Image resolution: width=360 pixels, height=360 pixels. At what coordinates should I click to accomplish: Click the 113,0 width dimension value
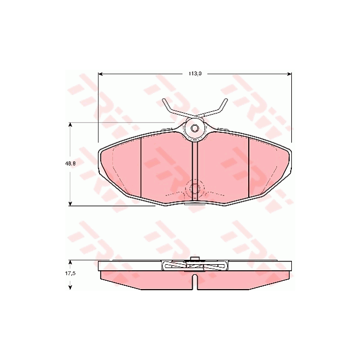click(x=194, y=72)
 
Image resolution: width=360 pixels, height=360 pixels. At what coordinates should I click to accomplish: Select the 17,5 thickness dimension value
click(x=70, y=274)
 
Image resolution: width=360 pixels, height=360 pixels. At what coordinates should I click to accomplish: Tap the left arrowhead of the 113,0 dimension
click(x=101, y=73)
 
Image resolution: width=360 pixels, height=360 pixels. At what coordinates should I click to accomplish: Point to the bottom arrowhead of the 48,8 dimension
click(x=70, y=204)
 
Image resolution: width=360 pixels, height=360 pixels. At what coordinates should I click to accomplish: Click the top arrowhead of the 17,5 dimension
click(x=70, y=262)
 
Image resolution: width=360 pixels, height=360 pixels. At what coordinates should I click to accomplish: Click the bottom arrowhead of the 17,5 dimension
click(x=70, y=287)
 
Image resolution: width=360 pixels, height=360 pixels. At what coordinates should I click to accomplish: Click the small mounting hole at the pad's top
click(x=194, y=129)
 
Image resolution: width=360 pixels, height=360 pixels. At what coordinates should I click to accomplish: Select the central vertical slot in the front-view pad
click(x=194, y=169)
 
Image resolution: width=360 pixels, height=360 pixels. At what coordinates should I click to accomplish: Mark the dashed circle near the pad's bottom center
click(x=194, y=189)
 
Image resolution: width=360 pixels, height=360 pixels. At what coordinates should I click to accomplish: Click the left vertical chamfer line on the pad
click(x=142, y=166)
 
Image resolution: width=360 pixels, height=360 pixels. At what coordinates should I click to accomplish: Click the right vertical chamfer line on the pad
click(x=249, y=166)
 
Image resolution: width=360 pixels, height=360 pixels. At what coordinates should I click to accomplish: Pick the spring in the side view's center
click(x=194, y=266)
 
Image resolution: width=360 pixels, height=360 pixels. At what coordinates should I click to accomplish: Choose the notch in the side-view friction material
click(x=194, y=281)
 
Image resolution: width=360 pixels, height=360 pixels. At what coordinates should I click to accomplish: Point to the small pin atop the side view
click(x=194, y=259)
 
